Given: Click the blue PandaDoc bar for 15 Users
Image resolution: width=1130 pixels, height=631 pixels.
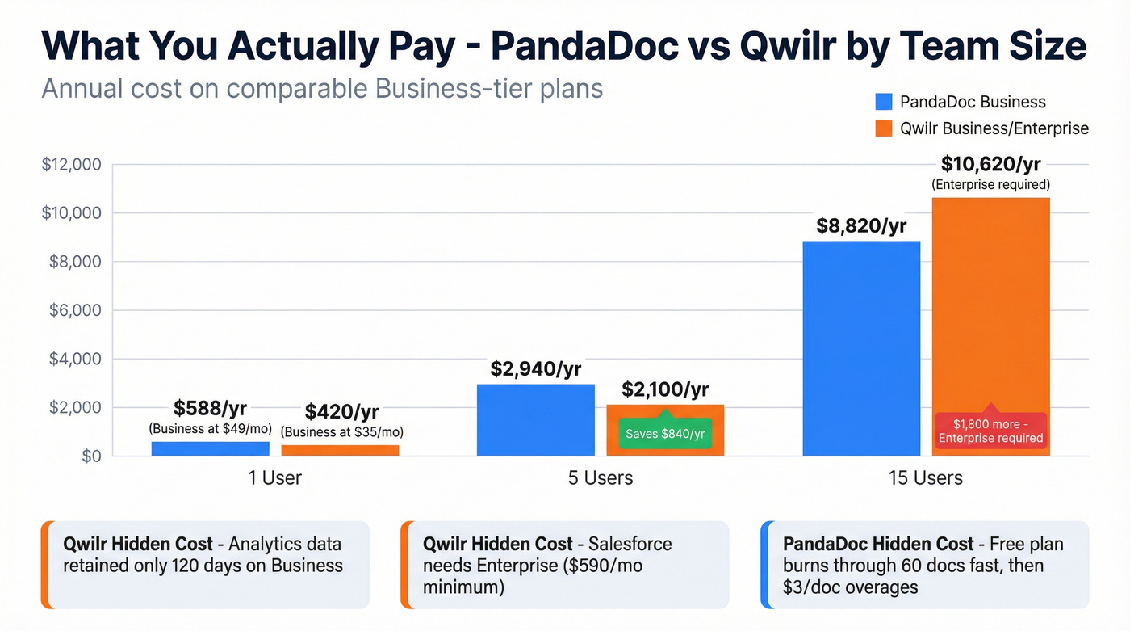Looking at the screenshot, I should coord(861,348).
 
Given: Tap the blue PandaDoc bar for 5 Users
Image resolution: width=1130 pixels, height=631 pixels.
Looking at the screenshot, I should coord(535,419).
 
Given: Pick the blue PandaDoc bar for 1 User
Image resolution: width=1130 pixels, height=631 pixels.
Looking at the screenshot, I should coord(210,448).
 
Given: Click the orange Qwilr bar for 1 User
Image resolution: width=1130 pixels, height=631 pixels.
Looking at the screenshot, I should coord(340,450).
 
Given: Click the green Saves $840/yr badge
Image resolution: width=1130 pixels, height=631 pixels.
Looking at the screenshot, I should coord(665,434).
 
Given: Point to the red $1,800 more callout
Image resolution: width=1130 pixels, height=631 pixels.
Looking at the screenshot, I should coord(990,430).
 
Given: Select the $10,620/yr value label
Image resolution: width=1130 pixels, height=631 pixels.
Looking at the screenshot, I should coord(990,164).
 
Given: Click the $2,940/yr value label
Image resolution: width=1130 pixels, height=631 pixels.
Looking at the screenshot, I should coord(535,369).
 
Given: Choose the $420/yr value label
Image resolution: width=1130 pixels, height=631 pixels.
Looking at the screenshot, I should coord(341,412).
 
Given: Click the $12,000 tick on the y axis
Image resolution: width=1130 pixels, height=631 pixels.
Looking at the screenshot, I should coord(71,165).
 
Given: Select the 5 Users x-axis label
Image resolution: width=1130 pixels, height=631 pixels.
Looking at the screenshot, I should coord(600,477).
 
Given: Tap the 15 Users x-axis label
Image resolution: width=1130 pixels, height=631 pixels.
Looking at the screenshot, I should coord(925,477).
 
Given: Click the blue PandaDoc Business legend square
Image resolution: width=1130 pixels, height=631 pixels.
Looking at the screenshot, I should coord(884,102).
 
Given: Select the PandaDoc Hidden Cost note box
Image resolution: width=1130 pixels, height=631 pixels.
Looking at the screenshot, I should coord(924,565).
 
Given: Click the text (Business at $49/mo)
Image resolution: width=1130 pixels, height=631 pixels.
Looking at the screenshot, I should coord(210,428).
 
